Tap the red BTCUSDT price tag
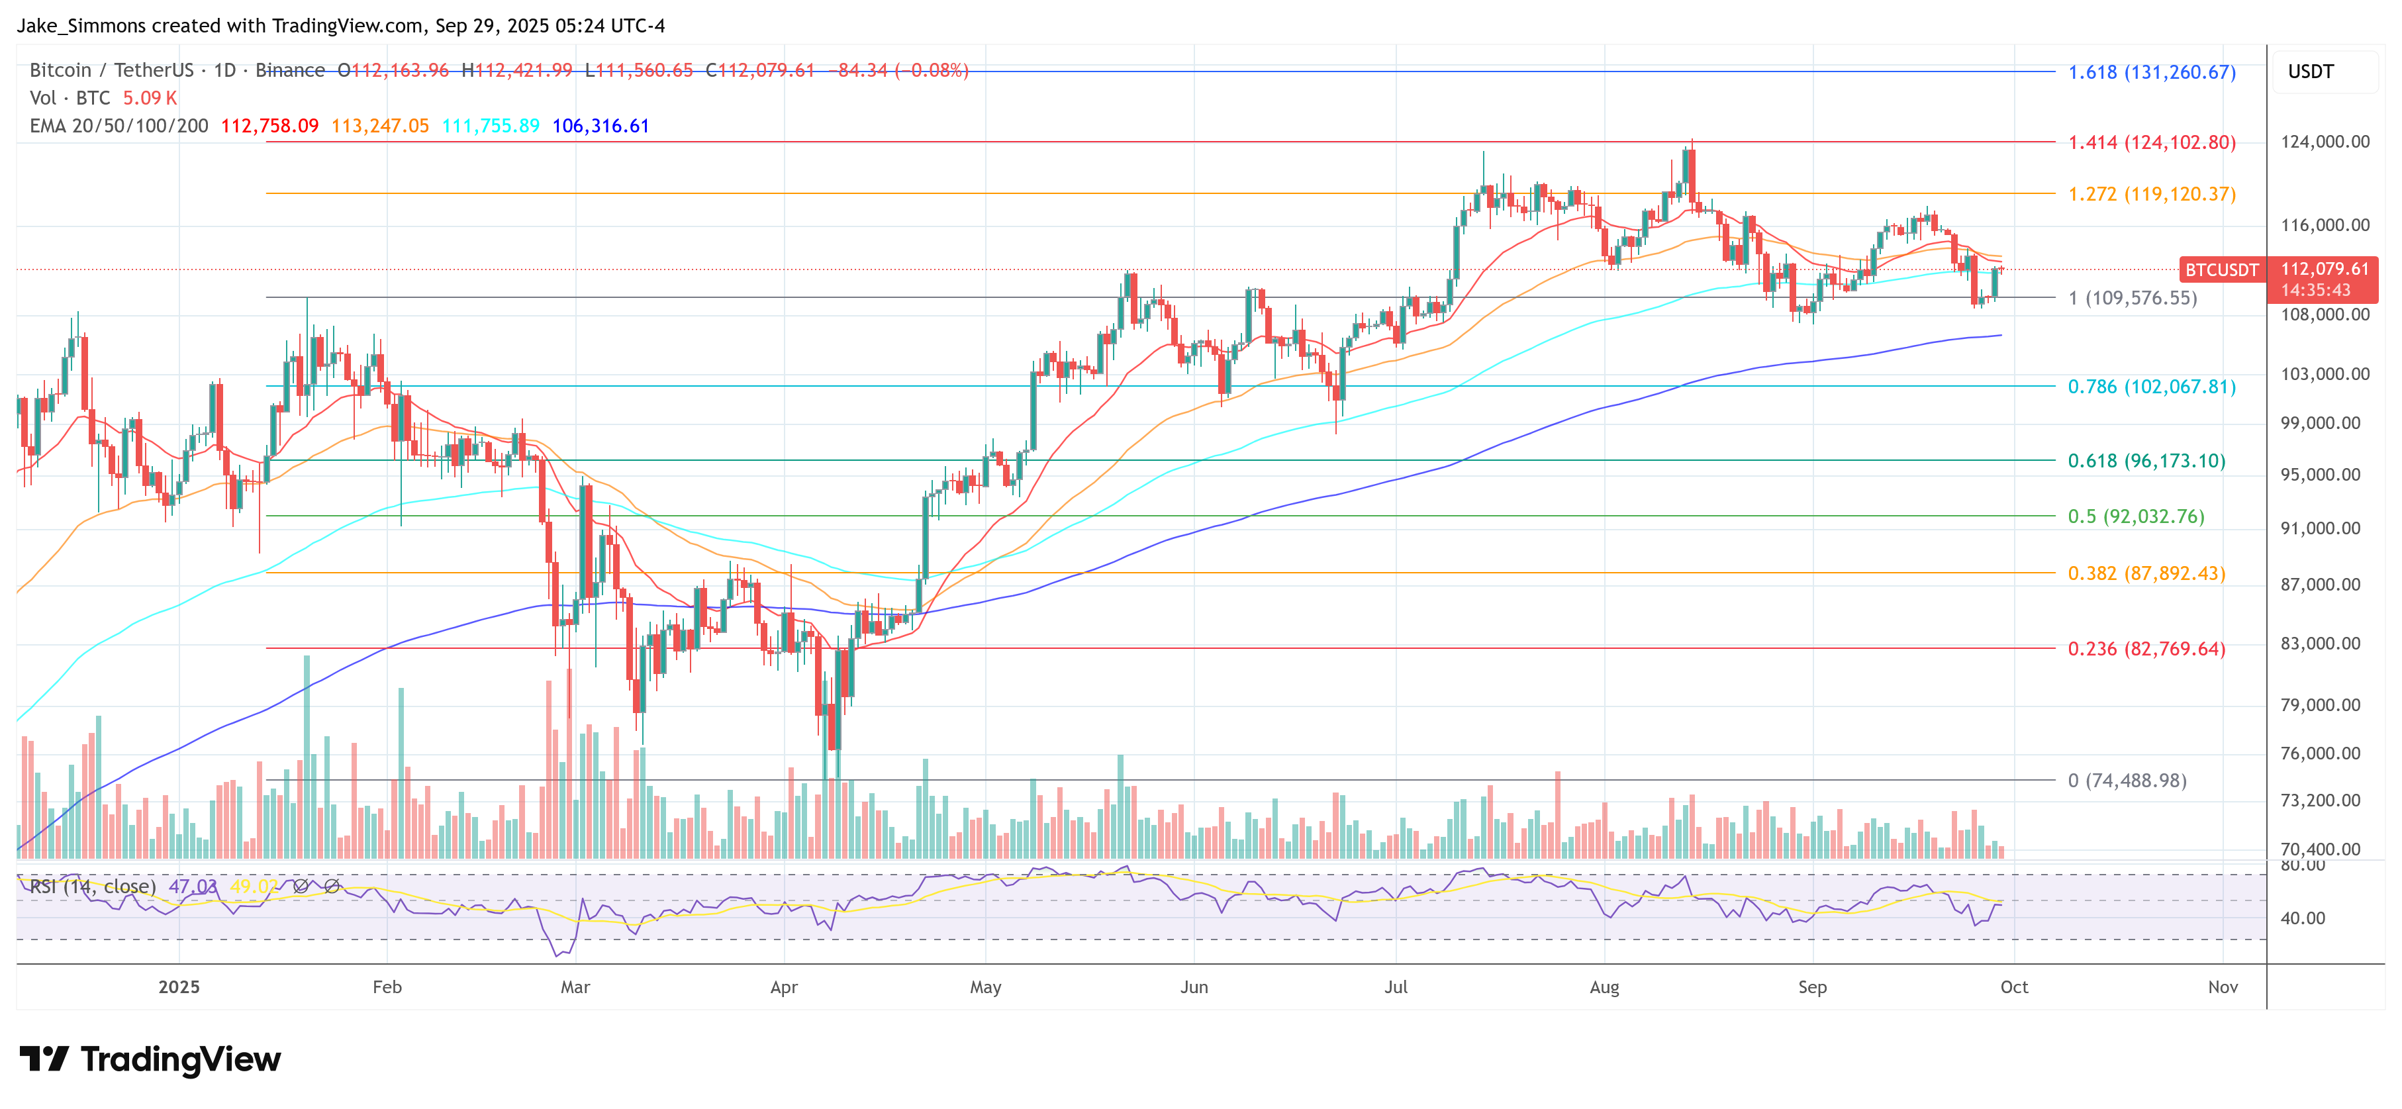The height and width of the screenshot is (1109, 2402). pos(2221,269)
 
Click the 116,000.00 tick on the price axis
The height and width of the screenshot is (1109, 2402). pos(2324,225)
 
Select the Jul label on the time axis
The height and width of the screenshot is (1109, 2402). pos(1395,987)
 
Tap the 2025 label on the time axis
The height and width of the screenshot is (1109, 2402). pos(179,987)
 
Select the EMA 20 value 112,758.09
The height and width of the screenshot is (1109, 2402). pos(269,126)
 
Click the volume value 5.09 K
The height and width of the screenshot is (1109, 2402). pos(149,98)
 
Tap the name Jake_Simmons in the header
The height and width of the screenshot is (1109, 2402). pos(80,25)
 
